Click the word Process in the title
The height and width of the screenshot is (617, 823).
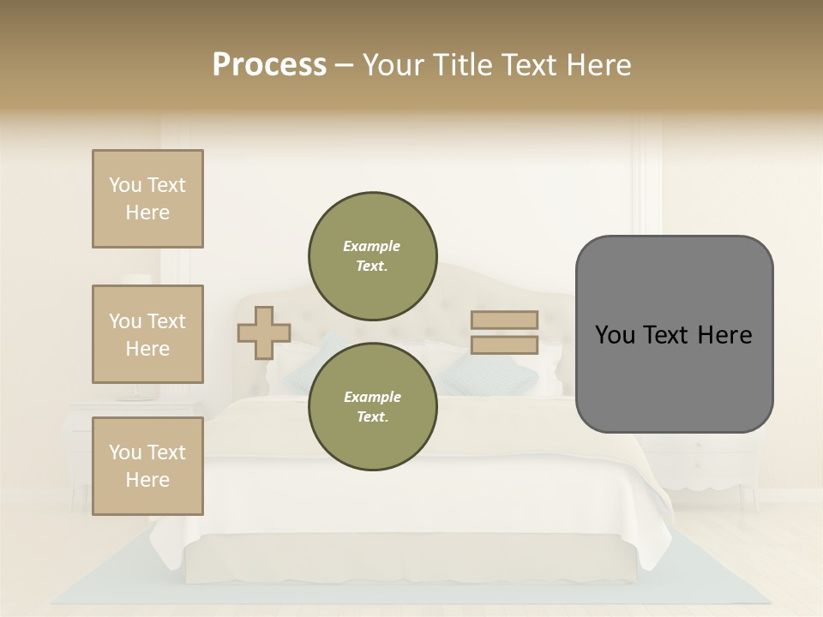(x=269, y=65)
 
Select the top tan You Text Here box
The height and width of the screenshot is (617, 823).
(x=147, y=199)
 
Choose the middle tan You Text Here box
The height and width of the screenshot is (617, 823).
(x=147, y=334)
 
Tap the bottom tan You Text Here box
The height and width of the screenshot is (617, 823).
(x=147, y=466)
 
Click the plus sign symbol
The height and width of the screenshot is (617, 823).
(x=264, y=332)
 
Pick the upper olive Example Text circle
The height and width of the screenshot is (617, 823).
(x=372, y=256)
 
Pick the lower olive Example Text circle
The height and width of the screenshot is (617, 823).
(x=372, y=407)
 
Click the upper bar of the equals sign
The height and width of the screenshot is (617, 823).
(x=504, y=320)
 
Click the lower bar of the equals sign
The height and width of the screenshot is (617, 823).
(x=504, y=345)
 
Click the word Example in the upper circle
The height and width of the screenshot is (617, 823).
(x=372, y=246)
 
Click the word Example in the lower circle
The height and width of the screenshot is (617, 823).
(x=372, y=397)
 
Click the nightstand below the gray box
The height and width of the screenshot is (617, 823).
(x=699, y=463)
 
